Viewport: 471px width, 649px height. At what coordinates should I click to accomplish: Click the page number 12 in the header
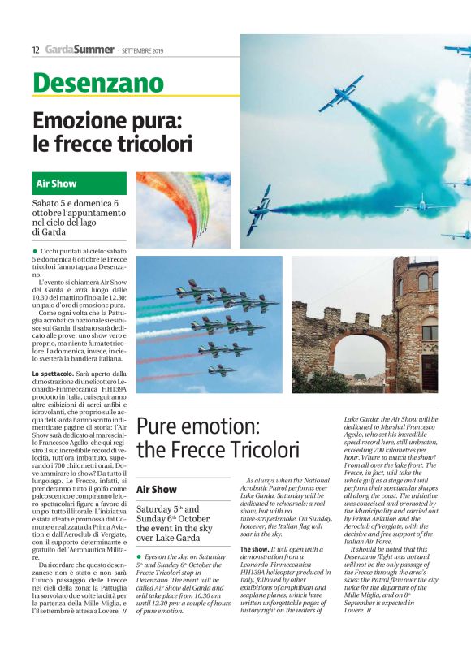coord(36,50)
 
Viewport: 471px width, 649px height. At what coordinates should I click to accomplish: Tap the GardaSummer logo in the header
coord(80,50)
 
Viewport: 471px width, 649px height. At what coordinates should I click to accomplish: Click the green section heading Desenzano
coord(97,83)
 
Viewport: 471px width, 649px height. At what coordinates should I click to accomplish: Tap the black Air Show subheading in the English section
coord(157,490)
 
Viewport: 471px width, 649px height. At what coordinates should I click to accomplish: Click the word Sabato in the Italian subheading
coord(48,203)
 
